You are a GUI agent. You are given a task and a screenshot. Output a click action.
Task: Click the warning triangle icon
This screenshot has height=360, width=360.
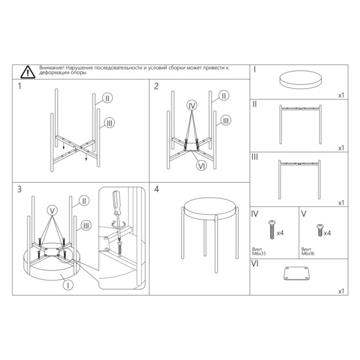[28, 72]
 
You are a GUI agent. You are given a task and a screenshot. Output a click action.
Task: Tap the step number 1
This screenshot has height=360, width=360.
[19, 86]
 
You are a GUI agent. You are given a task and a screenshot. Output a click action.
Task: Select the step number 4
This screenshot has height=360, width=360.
[156, 189]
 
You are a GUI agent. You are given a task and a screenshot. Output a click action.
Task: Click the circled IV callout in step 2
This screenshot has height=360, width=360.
[192, 106]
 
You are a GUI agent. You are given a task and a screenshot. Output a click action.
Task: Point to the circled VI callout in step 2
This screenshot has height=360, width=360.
[202, 166]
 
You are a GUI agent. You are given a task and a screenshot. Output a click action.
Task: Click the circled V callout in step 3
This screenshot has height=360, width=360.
[53, 210]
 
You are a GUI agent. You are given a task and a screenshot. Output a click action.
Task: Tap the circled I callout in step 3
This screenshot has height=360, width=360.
[68, 285]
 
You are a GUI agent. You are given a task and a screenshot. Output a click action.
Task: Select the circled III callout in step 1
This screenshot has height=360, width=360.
[110, 123]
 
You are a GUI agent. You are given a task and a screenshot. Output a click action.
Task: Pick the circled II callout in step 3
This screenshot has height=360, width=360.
[84, 201]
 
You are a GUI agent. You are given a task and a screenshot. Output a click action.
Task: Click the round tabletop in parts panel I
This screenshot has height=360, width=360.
[300, 79]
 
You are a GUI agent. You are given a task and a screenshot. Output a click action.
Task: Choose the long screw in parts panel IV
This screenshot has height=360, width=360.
[272, 229]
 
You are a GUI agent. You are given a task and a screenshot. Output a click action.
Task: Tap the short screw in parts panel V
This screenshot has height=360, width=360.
[319, 230]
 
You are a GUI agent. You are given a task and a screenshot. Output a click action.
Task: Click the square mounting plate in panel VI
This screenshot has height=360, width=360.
[296, 273]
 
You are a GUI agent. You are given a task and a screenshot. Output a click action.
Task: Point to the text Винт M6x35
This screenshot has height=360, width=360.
[259, 252]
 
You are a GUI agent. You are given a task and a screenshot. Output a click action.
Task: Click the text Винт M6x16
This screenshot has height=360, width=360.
[307, 252]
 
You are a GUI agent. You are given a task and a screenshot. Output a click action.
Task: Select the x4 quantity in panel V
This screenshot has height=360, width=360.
[327, 233]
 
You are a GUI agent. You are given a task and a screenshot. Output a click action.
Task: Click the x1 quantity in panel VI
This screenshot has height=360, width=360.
[341, 292]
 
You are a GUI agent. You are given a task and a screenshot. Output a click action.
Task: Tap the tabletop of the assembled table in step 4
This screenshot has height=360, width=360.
[210, 208]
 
